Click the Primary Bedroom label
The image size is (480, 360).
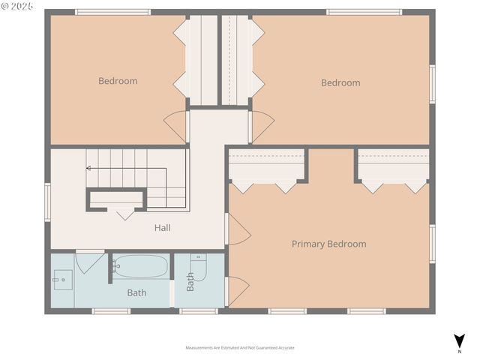click(x=328, y=244)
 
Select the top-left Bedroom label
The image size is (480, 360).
click(x=118, y=81)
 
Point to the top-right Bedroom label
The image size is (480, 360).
click(x=340, y=82)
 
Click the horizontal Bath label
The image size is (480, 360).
click(x=136, y=292)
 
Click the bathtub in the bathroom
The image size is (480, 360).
click(x=140, y=266)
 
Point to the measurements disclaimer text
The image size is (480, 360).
click(x=240, y=348)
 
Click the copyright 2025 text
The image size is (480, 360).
click(x=18, y=6)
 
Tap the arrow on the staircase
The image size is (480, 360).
click(x=89, y=168)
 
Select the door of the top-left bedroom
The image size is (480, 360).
click(x=176, y=125)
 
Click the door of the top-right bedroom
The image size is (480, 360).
click(x=261, y=126)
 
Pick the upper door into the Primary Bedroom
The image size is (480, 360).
click(x=238, y=230)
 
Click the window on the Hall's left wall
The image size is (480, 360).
click(x=47, y=202)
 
